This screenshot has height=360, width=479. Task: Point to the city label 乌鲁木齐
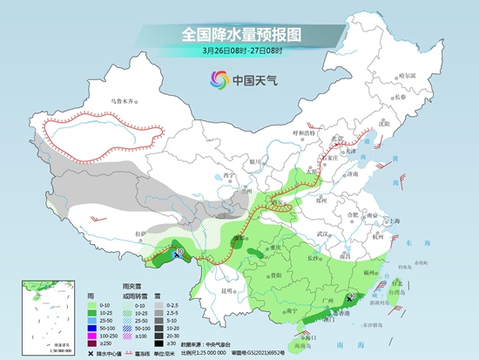pyautogui.click(x=124, y=102)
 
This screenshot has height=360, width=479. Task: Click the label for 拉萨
pyautogui.click(x=142, y=234)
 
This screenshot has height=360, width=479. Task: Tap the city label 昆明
pyautogui.click(x=227, y=289)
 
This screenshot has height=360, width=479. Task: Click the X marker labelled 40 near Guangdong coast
pyautogui.click(x=350, y=298)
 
